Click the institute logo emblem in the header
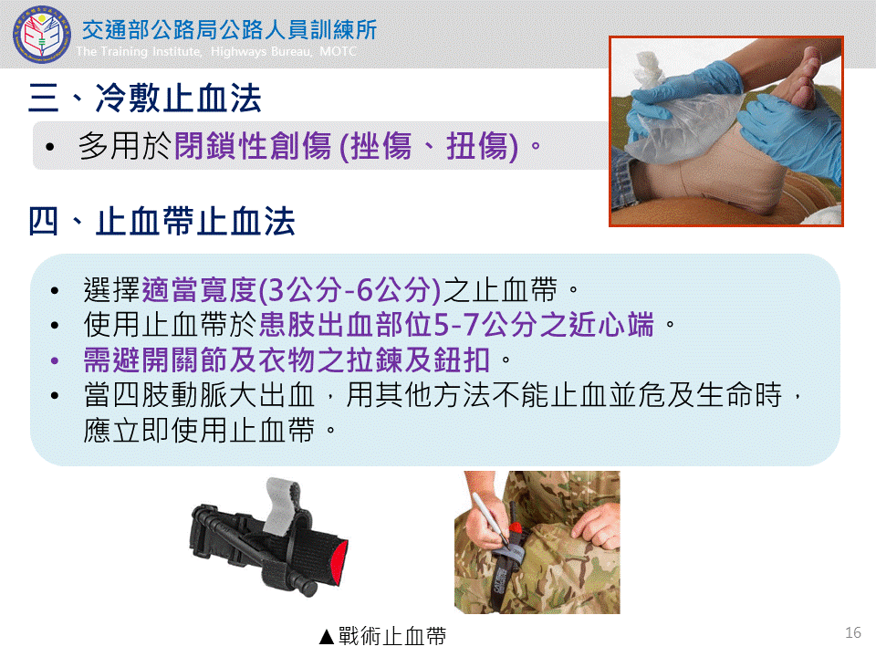41,34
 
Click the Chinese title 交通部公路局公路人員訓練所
230,30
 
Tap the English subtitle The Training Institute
139,51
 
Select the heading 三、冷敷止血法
145,99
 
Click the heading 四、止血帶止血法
162,221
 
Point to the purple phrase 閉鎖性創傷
253,146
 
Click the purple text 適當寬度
200,289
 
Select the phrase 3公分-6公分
349,289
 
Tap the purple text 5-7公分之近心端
543,325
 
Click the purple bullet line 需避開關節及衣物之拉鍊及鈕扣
287,360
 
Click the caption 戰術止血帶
392,636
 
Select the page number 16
853,632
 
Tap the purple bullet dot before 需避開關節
54,361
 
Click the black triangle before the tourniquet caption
327,636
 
